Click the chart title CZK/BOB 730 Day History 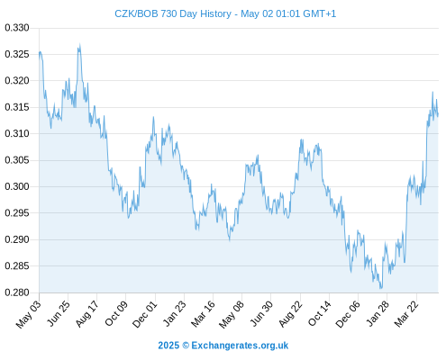click(x=173, y=13)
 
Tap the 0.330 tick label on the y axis click(x=17, y=28)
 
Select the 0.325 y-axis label click(x=17, y=54)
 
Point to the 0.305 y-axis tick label click(x=17, y=160)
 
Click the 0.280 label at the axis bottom click(x=17, y=292)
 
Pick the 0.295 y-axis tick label click(x=17, y=213)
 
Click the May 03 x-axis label click(x=29, y=314)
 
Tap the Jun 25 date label click(x=59, y=313)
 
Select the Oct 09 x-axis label click(x=116, y=313)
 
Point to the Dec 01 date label click(x=145, y=314)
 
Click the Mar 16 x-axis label click(x=204, y=314)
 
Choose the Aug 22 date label click(x=290, y=314)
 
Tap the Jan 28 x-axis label click(x=378, y=314)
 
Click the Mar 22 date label click(x=406, y=314)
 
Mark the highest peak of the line click(x=80, y=44)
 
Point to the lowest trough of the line click(x=381, y=288)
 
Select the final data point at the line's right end click(x=438, y=115)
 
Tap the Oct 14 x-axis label click(x=320, y=313)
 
